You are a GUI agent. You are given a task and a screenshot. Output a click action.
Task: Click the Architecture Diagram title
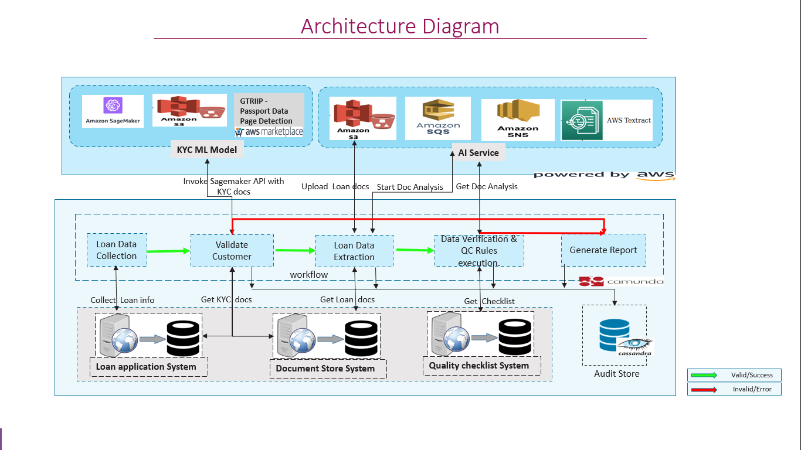[400, 26]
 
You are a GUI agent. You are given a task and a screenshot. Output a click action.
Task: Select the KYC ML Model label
[207, 149]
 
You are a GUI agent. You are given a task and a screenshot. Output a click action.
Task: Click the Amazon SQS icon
[438, 118]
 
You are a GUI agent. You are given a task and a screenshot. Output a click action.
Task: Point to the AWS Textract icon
[581, 120]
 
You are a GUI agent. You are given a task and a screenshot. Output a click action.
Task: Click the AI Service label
[478, 153]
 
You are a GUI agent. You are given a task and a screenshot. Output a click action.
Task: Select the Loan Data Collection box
[117, 250]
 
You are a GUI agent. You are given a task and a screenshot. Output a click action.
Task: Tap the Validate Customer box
[232, 251]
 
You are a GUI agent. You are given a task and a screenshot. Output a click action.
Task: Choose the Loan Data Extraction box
[354, 251]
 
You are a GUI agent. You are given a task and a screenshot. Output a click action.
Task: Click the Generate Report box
[603, 250]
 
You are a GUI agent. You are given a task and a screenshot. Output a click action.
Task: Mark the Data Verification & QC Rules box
[479, 251]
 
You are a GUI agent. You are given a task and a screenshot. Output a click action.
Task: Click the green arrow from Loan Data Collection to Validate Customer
[169, 251]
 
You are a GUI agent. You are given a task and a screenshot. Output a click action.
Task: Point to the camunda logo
[621, 281]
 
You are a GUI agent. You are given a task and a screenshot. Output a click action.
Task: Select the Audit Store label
[617, 374]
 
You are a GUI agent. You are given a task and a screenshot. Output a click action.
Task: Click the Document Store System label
[325, 369]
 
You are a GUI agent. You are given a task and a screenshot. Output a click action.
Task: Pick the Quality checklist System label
[479, 366]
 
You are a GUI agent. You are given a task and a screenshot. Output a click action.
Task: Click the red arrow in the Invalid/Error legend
[704, 389]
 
